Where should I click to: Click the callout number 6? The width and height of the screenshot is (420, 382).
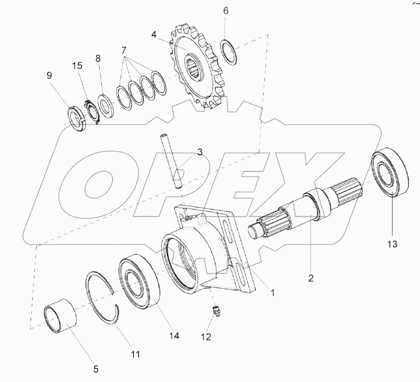click(226, 11)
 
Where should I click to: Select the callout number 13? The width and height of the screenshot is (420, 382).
click(392, 244)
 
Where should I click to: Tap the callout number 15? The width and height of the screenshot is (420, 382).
click(77, 66)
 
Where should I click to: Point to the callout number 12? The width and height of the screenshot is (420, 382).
click(206, 337)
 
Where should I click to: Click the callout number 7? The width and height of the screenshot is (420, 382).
click(124, 50)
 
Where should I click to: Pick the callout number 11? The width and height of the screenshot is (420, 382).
click(135, 355)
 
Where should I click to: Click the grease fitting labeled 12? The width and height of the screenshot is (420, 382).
click(215, 311)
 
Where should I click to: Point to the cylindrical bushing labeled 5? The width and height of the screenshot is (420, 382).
click(60, 316)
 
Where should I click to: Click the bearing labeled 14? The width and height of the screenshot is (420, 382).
click(139, 283)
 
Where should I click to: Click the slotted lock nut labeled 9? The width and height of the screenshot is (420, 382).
click(76, 119)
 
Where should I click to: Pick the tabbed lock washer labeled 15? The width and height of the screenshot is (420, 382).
click(93, 112)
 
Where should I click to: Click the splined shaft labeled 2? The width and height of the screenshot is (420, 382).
click(305, 208)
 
